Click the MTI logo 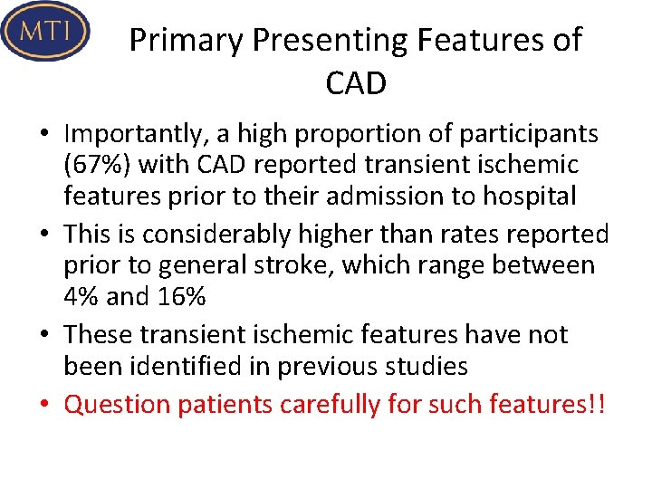pyautogui.click(x=46, y=32)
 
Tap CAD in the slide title pyautogui.click(x=355, y=84)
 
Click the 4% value pyautogui.click(x=81, y=296)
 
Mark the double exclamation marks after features pyautogui.click(x=594, y=404)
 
